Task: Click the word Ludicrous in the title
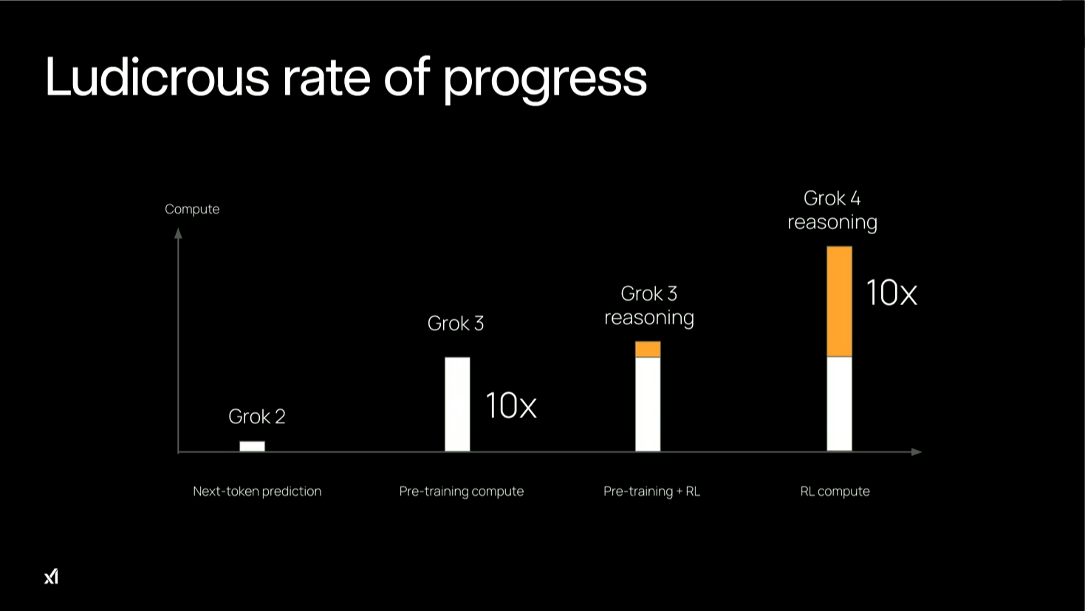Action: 157,77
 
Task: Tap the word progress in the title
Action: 544,78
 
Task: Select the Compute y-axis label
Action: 192,209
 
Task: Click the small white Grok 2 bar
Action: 252,446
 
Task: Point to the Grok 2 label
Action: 257,417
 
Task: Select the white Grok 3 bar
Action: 457,404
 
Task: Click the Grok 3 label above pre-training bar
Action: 456,324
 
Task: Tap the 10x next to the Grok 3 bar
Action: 510,406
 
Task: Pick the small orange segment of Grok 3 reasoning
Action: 648,349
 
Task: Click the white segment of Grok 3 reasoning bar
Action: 648,404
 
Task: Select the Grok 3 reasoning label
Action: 649,306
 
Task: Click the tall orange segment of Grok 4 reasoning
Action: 839,301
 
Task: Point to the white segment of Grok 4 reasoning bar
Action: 839,404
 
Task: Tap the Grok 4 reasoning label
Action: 832,211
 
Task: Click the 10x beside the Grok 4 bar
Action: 891,293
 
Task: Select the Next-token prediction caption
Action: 257,491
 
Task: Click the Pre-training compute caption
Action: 462,491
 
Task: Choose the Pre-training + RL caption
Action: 651,491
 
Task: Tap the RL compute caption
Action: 835,491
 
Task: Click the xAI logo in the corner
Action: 51,576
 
